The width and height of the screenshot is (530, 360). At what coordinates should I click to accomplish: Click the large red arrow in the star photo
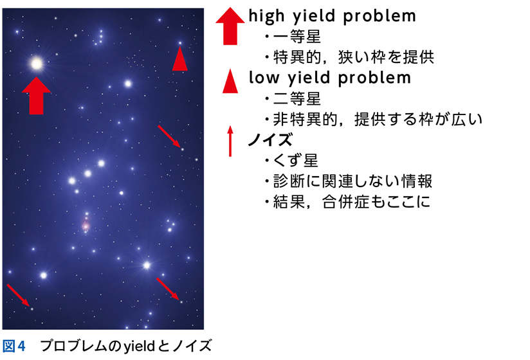(36, 96)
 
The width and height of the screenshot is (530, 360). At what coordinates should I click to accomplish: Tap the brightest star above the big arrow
(37, 64)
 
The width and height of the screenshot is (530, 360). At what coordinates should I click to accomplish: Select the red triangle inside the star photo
(180, 59)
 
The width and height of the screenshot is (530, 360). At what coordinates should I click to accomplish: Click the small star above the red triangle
(180, 43)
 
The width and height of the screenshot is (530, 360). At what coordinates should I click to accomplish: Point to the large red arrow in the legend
(230, 26)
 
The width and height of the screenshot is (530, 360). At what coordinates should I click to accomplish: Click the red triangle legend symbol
(230, 81)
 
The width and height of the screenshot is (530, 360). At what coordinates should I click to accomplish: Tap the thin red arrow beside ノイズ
(230, 141)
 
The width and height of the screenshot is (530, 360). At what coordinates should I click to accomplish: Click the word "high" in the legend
(266, 16)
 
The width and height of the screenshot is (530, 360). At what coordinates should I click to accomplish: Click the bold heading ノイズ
(270, 139)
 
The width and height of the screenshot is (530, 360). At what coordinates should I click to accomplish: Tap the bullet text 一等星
(297, 37)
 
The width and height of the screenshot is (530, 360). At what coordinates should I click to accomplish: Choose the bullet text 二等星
(297, 98)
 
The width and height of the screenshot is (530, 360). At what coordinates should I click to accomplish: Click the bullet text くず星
(295, 161)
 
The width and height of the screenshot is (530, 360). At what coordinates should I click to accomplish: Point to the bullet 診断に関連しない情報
(352, 181)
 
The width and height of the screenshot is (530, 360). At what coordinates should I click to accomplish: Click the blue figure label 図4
(14, 346)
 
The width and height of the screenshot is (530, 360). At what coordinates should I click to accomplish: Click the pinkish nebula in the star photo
(86, 225)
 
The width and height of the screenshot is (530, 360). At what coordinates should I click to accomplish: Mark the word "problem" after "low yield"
(374, 78)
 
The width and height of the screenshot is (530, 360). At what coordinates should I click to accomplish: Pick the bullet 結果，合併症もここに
(352, 202)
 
